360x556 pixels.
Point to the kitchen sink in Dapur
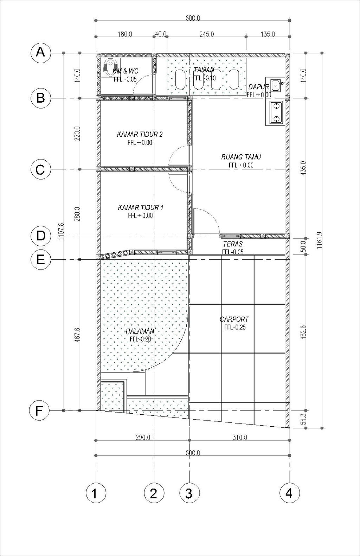(276, 85)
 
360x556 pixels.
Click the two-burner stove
(276, 113)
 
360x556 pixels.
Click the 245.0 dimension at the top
(207, 34)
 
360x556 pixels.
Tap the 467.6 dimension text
(77, 335)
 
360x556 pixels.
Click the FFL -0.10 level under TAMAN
(204, 78)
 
